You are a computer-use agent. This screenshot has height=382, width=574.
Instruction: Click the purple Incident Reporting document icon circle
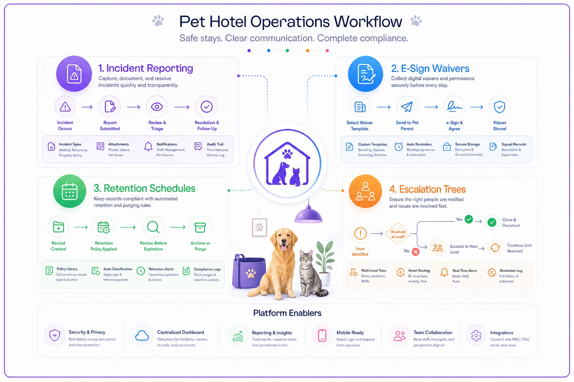tap(74, 74)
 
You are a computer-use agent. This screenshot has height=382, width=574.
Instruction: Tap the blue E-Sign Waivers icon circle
tap(365, 74)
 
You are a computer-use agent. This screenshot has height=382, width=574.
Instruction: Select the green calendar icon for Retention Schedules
tap(70, 191)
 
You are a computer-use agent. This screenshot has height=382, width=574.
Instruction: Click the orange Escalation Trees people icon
tap(365, 191)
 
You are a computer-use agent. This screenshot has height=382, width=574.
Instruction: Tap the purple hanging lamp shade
tap(308, 215)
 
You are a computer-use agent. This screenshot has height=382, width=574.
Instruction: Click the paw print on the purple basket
tap(250, 273)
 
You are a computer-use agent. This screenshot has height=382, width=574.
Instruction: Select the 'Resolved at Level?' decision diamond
tap(398, 234)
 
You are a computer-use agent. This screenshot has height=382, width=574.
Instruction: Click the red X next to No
tap(416, 252)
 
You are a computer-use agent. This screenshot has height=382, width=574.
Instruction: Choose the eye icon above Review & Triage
tap(157, 106)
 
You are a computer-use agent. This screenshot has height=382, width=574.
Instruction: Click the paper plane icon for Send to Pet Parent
tap(407, 107)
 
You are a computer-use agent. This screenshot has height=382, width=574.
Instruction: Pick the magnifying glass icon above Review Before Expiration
tap(153, 227)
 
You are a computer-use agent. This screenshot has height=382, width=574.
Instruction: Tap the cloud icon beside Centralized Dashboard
tap(142, 335)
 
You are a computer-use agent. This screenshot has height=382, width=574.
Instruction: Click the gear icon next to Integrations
tap(476, 335)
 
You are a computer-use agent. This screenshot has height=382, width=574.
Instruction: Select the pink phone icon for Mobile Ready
tap(322, 335)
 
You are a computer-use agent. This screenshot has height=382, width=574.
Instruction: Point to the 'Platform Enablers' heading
tap(287, 313)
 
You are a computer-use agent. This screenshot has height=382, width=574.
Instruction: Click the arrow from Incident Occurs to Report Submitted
tap(87, 107)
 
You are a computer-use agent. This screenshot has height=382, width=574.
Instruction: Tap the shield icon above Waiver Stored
tap(499, 107)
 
